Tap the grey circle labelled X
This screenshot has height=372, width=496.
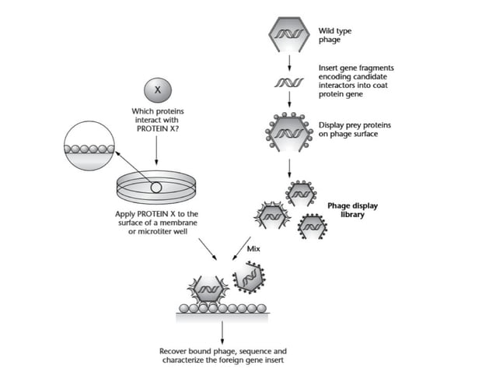click(158, 88)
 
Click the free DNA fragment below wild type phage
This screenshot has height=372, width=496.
click(289, 82)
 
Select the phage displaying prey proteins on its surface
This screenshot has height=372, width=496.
click(289, 129)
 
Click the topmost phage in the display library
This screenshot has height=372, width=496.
click(299, 192)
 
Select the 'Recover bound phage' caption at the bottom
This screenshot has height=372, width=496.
click(223, 355)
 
